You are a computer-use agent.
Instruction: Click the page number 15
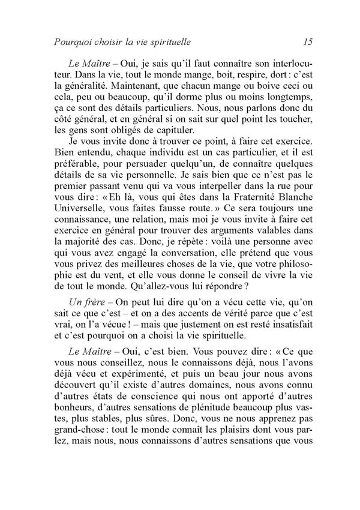pos(309,42)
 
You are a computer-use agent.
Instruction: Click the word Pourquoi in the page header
pos(73,43)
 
